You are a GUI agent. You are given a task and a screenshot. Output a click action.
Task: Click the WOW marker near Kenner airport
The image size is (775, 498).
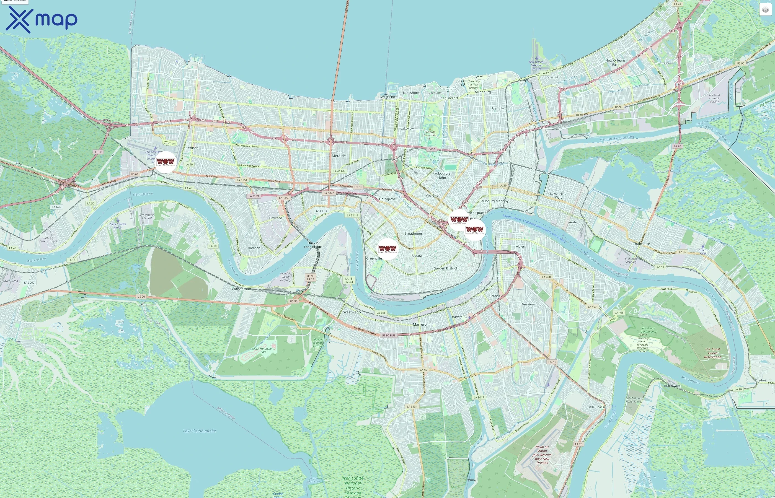coord(166,162)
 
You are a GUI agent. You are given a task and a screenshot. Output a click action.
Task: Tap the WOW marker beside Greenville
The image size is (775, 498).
coord(387,248)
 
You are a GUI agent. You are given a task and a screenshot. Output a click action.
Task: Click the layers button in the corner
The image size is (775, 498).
coord(765,10)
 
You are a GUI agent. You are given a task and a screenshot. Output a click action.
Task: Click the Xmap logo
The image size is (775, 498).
coord(42,19)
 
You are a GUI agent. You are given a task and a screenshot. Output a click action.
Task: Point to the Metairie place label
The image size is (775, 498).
coord(339,156)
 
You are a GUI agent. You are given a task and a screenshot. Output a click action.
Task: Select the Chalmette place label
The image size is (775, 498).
coord(641,244)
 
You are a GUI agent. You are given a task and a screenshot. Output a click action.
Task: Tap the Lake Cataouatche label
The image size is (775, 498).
coord(199,431)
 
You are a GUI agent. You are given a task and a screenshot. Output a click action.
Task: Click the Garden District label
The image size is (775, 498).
coord(445,268)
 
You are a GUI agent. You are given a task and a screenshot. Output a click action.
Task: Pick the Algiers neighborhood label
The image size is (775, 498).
coord(521,247)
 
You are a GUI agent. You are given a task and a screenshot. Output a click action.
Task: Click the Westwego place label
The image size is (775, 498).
coord(352,312)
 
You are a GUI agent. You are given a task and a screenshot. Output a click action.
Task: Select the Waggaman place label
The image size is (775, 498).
coord(241,289)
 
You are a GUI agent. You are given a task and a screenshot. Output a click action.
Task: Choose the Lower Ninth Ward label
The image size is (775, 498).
coord(559,195)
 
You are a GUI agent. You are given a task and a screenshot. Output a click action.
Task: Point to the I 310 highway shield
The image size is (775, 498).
coord(98,152)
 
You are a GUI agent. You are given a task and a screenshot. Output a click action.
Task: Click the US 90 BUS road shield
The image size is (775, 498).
coord(389,335)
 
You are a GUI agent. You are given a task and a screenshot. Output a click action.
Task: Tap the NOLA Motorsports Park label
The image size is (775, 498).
coord(263,350)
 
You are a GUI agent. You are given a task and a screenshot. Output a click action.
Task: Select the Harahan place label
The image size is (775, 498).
coord(254,248)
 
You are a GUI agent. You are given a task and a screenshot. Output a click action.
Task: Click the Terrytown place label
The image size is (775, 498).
coord(529,305)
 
